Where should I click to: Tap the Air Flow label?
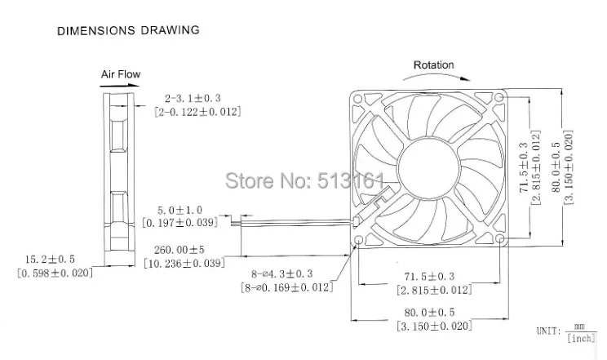[x=120, y=74]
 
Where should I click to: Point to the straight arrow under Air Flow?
[x=122, y=84]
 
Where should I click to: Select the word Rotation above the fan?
[x=433, y=65]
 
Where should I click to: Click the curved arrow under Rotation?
[x=433, y=78]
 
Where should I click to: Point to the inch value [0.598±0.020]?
[x=55, y=272]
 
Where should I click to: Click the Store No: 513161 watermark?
[x=303, y=179]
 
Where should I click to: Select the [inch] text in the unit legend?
[x=580, y=337]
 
